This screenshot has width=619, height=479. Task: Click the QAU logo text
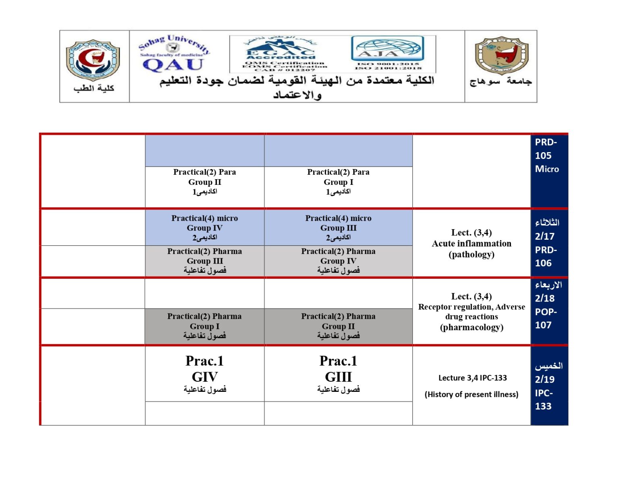(x=173, y=65)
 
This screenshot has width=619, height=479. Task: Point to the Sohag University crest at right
(x=501, y=56)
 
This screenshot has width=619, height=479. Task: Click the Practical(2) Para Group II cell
(x=205, y=182)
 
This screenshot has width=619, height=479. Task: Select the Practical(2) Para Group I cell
(x=338, y=182)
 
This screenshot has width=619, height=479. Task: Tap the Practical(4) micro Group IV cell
(x=205, y=228)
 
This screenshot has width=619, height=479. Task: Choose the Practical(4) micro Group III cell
(x=338, y=228)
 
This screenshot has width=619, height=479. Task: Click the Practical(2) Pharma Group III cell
(x=205, y=261)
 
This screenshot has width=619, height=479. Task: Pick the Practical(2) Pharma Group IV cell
(x=338, y=261)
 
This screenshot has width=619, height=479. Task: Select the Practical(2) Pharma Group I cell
(x=205, y=326)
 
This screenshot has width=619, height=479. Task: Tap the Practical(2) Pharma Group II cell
(x=338, y=326)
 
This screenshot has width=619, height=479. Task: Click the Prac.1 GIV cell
(x=205, y=374)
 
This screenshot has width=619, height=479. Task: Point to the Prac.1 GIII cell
(x=338, y=374)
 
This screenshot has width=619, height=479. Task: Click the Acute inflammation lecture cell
(x=472, y=243)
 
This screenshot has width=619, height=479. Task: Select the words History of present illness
(x=472, y=394)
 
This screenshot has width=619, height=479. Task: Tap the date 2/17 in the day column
(x=545, y=236)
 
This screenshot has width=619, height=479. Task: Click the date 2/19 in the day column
(x=545, y=379)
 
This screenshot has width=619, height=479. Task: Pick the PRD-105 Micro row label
(x=547, y=156)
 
